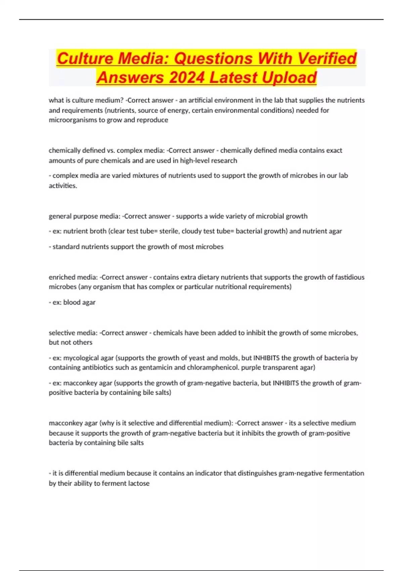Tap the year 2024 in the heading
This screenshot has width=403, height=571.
187,77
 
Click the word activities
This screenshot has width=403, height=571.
62,186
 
